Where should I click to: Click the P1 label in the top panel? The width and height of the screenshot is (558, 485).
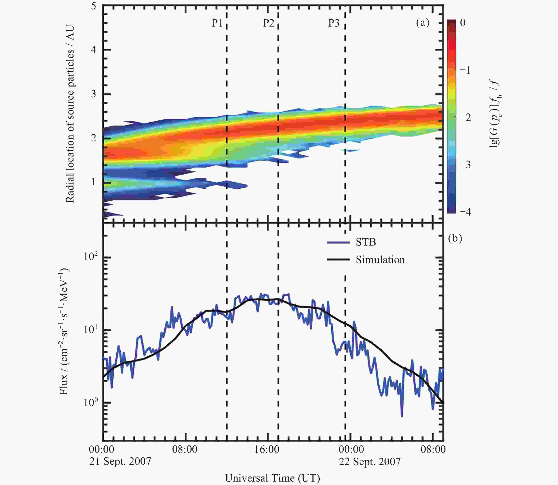[x=217, y=23]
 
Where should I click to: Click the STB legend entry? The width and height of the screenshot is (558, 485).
[x=366, y=242]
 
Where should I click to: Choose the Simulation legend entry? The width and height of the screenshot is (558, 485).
[x=380, y=260]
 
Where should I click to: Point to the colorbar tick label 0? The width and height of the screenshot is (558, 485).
[x=462, y=23]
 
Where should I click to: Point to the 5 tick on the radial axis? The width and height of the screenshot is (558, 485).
[x=94, y=6]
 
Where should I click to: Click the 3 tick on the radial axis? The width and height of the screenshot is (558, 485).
[x=94, y=94]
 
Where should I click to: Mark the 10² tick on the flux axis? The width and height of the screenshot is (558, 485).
[x=90, y=256]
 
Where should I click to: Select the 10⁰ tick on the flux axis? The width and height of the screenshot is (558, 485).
[x=90, y=402]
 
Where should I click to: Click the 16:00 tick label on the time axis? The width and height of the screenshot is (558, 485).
[x=267, y=450]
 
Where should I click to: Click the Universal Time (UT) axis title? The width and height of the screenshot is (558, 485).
[x=272, y=478]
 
